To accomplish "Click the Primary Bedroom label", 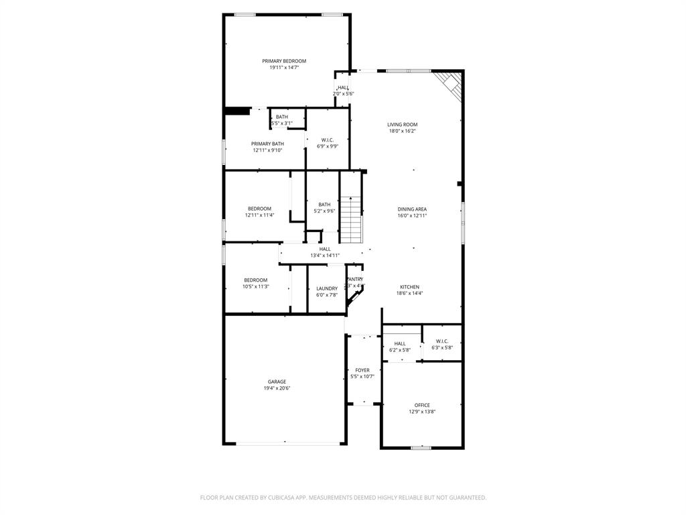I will click(283, 61).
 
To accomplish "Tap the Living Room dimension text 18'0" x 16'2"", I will click(402, 131).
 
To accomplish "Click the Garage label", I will click(277, 382).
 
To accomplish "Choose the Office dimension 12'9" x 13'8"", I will click(422, 412).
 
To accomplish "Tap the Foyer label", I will click(362, 370).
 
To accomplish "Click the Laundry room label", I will click(327, 288).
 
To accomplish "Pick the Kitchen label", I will click(410, 286).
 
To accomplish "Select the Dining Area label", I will click(412, 209).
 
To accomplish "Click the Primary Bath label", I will click(267, 144).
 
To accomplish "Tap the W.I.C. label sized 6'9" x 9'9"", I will click(328, 140).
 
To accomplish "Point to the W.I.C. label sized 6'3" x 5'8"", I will click(442, 341).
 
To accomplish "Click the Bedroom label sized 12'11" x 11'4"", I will click(259, 209).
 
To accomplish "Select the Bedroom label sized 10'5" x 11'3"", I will click(255, 280).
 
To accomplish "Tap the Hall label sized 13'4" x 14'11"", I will click(325, 249).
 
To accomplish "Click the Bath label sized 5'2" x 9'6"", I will click(324, 205).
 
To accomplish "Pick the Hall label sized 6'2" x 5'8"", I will click(400, 344).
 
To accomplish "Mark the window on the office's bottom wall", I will click(421, 447).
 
